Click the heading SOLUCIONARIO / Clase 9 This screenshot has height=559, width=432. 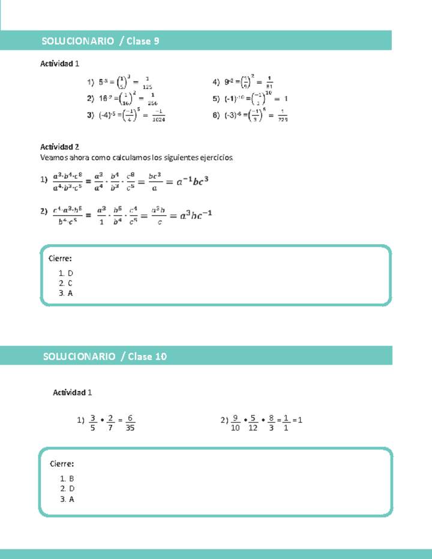[x=100, y=41]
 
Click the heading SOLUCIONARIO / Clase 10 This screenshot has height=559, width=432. [x=104, y=356]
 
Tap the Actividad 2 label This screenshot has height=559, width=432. [x=59, y=146]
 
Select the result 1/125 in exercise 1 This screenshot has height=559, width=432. [x=147, y=82]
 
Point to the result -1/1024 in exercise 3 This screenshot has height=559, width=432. [x=158, y=116]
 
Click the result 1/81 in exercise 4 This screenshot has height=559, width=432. [x=269, y=82]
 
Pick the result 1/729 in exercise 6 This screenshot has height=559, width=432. [x=283, y=116]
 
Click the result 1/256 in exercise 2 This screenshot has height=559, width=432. [x=152, y=99]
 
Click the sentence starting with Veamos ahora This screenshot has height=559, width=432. [x=136, y=158]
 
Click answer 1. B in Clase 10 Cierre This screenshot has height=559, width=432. [x=67, y=479]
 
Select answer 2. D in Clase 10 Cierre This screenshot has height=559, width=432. [x=67, y=489]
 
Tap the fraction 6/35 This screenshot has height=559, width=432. [x=131, y=423]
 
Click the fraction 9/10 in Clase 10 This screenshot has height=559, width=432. [x=235, y=423]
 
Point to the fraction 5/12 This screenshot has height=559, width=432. [x=253, y=423]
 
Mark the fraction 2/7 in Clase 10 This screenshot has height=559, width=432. [x=110, y=423]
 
